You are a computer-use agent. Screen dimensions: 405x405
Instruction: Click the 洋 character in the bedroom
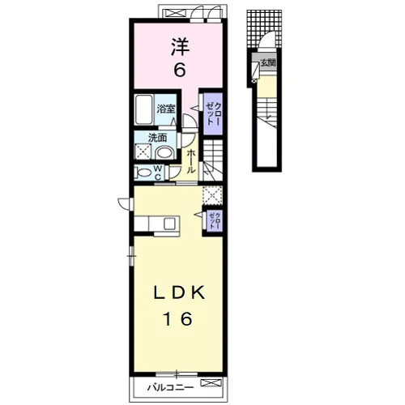click(x=181, y=47)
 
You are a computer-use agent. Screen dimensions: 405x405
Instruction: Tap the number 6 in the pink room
click(x=180, y=70)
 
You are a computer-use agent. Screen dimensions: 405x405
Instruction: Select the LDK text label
click(x=179, y=292)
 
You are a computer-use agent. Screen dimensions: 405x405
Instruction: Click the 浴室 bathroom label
click(x=166, y=109)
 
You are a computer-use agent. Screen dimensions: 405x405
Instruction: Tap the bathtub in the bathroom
click(x=144, y=109)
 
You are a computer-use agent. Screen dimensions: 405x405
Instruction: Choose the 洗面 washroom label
click(x=158, y=138)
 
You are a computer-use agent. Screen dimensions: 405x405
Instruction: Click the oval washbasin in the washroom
click(x=165, y=152)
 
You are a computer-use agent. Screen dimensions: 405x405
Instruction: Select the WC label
click(x=158, y=173)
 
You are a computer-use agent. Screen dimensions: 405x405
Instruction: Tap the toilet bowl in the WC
click(x=143, y=173)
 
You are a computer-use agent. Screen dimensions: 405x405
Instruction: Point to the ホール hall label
click(x=190, y=161)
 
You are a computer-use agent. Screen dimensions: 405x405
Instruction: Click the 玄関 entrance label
click(x=268, y=63)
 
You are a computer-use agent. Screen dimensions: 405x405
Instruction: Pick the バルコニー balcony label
click(x=170, y=388)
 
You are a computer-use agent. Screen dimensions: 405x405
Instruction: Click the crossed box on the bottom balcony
click(x=211, y=382)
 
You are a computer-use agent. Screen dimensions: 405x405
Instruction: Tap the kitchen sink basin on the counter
click(x=170, y=224)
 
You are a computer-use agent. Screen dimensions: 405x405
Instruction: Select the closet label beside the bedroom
click(x=213, y=113)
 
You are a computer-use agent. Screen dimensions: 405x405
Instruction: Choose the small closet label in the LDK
click(x=215, y=221)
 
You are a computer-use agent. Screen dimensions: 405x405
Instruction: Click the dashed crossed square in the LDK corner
click(x=212, y=195)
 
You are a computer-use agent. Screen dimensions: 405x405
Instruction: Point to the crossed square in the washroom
click(x=143, y=151)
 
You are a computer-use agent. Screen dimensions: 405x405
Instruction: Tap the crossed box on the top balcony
click(x=175, y=13)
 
